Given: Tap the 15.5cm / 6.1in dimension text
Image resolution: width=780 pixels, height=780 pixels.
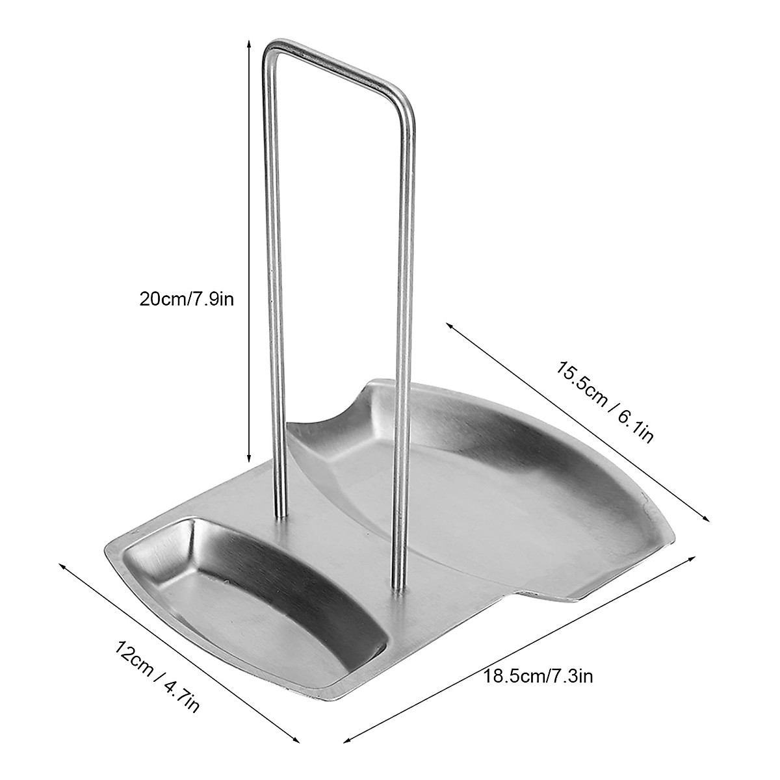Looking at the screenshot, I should pyautogui.click(x=604, y=401).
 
